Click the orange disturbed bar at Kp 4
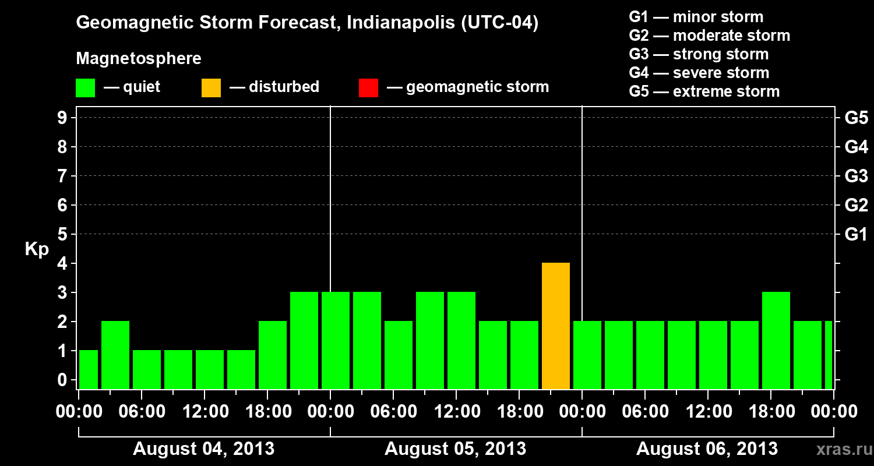[555, 326]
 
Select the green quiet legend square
[85, 87]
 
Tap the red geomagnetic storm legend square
[368, 87]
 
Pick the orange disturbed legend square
[211, 87]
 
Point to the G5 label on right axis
[856, 118]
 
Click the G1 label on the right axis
[856, 235]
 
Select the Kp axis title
[37, 249]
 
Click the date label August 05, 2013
[455, 449]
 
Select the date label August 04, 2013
[203, 449]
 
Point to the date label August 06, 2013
[707, 449]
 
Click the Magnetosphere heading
[139, 59]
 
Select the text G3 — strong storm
[699, 54]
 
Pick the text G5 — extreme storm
[704, 91]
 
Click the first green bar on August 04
[89, 369]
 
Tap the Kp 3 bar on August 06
[776, 340]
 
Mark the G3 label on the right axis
[856, 176]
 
